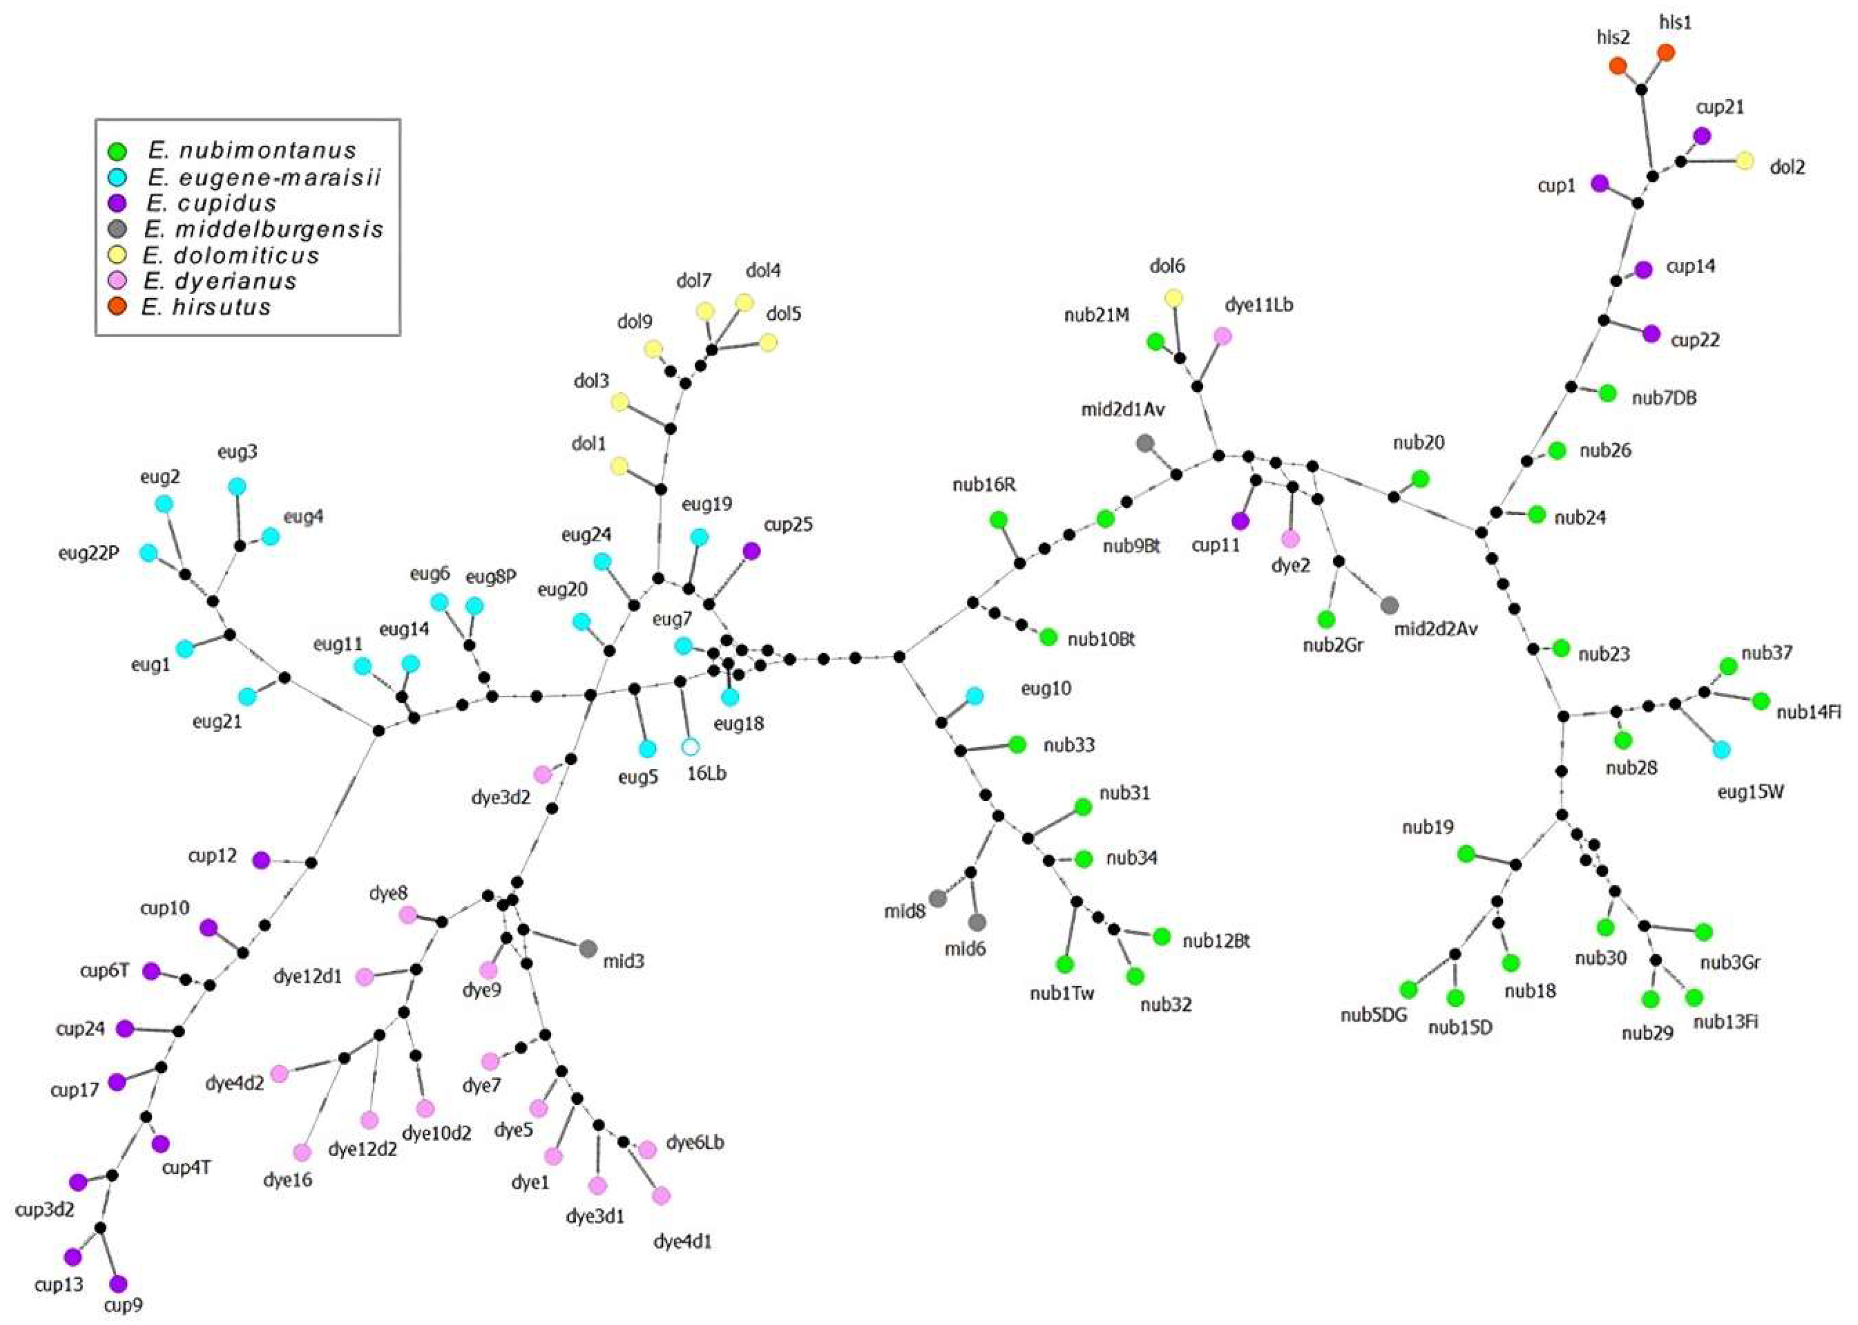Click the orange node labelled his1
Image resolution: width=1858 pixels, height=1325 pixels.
tap(1665, 53)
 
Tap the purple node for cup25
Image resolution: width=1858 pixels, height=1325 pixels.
tap(751, 551)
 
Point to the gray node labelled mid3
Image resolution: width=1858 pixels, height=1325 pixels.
tap(587, 949)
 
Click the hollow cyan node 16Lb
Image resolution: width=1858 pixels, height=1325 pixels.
tap(690, 746)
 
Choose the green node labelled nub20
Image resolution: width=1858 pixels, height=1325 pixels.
tap(1420, 479)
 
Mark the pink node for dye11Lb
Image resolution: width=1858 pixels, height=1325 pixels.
tap(1222, 335)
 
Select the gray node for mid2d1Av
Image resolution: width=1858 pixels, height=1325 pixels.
tap(1145, 443)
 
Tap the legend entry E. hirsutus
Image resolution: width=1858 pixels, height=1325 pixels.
tap(206, 307)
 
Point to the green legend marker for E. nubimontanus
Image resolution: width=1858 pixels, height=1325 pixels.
tap(118, 151)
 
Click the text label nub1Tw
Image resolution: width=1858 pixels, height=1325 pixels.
tap(1062, 993)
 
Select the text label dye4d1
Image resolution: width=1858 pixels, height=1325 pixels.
tap(682, 1242)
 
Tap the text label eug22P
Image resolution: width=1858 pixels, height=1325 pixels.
tap(88, 553)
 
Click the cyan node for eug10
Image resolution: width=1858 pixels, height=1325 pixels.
tap(974, 696)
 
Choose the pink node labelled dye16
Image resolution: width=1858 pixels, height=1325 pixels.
tap(302, 1153)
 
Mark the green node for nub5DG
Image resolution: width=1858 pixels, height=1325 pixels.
tap(1408, 990)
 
